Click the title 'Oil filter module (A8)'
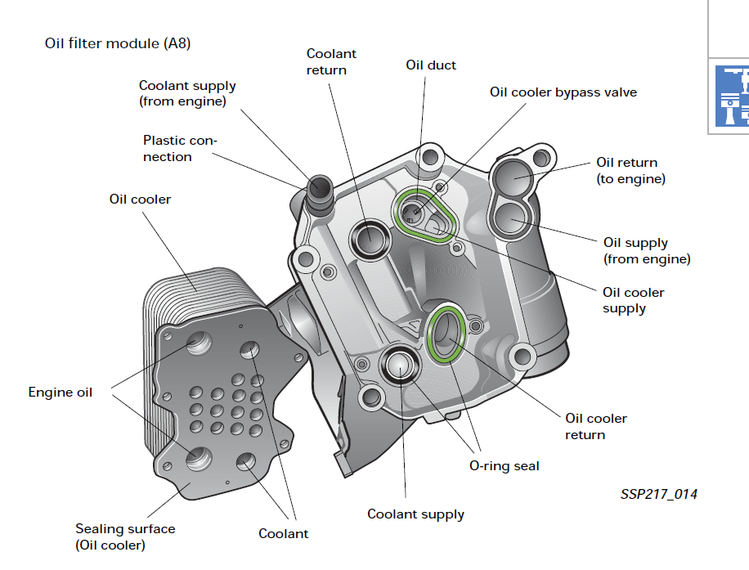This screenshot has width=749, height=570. tap(118, 43)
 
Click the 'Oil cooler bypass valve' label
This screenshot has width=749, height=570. tap(563, 92)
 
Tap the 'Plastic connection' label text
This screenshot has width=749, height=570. tap(180, 148)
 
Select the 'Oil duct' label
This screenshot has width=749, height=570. tap(431, 65)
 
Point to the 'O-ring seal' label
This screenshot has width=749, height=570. tap(504, 466)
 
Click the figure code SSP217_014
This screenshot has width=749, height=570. tap(658, 494)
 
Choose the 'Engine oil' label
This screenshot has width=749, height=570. tap(61, 393)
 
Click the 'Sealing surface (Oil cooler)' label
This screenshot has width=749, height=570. tap(125, 536)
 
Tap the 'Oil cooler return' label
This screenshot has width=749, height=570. tap(596, 426)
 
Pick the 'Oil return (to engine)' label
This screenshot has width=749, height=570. tap(630, 170)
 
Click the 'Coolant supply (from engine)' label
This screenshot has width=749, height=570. tap(187, 93)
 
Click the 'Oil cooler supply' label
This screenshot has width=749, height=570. tap(633, 300)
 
